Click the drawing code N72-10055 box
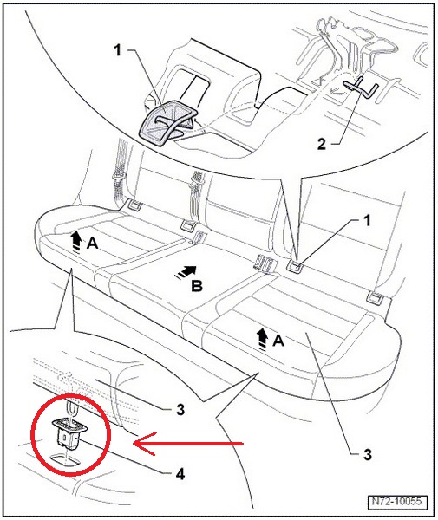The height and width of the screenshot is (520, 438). (x=397, y=500)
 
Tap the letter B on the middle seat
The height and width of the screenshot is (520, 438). (x=196, y=285)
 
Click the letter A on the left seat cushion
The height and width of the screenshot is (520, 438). (x=92, y=244)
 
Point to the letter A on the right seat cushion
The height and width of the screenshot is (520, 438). (x=278, y=341)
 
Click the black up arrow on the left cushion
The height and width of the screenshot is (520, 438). (x=76, y=242)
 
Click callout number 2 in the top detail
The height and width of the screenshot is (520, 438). (x=322, y=144)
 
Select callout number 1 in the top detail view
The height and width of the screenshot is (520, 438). (x=117, y=50)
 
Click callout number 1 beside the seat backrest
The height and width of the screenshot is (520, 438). (x=367, y=220)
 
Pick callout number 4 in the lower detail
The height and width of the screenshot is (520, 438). (x=180, y=474)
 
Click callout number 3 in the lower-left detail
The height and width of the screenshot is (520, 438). (x=180, y=410)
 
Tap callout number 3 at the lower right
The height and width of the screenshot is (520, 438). (x=368, y=454)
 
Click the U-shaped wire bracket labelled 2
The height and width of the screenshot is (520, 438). (x=361, y=88)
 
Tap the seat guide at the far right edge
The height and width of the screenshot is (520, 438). (x=376, y=297)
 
